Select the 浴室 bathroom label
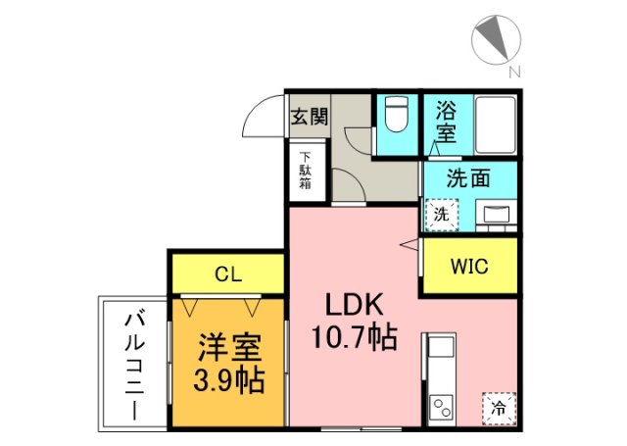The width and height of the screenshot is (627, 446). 446,121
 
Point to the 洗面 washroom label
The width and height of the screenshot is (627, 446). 467,179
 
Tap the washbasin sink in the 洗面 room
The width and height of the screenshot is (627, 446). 496,213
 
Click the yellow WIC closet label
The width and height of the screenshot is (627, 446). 468,266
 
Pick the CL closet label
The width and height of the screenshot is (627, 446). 229,273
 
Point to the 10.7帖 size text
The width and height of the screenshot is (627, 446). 354,339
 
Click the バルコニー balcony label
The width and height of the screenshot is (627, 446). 133,365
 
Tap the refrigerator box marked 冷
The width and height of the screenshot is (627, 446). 498,407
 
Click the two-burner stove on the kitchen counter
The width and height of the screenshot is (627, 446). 440,407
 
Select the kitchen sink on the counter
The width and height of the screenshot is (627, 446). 439,348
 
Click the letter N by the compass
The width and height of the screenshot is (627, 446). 514,71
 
